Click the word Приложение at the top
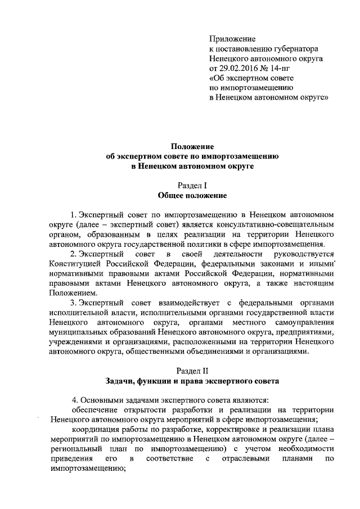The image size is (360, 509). [x=232, y=39]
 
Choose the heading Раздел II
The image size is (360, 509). [x=192, y=370]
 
